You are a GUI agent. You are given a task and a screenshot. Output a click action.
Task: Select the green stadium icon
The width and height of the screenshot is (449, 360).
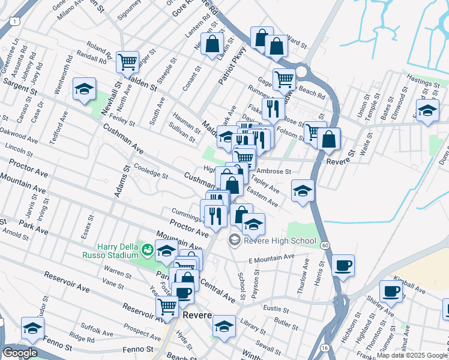[147, 247]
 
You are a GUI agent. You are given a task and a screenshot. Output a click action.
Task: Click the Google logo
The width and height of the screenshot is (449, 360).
[20, 353]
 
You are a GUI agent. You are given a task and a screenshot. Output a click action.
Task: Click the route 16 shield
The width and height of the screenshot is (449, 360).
[324, 347]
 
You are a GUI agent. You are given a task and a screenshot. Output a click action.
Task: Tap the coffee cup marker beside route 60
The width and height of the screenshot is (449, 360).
[343, 265]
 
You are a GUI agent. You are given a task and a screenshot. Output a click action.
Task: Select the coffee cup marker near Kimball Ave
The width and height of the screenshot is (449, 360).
[391, 291]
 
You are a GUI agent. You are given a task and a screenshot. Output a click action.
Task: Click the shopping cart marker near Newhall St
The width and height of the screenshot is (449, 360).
[127, 61]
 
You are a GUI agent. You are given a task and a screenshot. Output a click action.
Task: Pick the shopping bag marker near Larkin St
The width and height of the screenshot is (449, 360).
[212, 44]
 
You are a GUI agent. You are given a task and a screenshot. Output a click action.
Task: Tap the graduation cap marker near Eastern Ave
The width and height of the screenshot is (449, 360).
[303, 191]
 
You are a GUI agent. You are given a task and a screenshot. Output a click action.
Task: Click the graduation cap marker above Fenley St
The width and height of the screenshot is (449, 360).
[85, 89]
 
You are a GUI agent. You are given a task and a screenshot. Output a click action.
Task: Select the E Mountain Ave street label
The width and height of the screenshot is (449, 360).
[271, 258]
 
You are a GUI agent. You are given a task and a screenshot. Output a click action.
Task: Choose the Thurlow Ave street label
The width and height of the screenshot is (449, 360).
[303, 276]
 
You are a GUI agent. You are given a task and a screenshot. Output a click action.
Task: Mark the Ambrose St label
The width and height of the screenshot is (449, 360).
[274, 171]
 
